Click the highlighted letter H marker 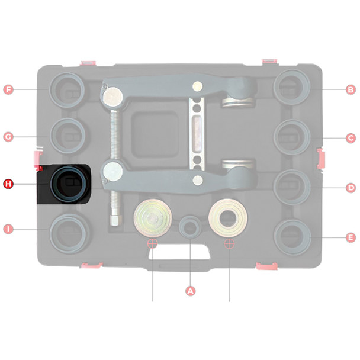tap(8, 184)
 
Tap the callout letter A tap(190, 291)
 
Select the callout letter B tap(351, 89)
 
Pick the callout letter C tap(351, 138)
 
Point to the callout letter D tap(351, 188)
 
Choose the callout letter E tap(351, 237)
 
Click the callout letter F tap(8, 89)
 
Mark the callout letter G tap(8, 137)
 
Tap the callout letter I tap(8, 229)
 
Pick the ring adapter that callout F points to tap(52, 89)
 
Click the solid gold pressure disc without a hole tap(153, 218)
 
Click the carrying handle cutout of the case tap(179, 252)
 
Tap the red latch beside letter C tap(320, 159)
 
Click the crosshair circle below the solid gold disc tap(153, 243)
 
